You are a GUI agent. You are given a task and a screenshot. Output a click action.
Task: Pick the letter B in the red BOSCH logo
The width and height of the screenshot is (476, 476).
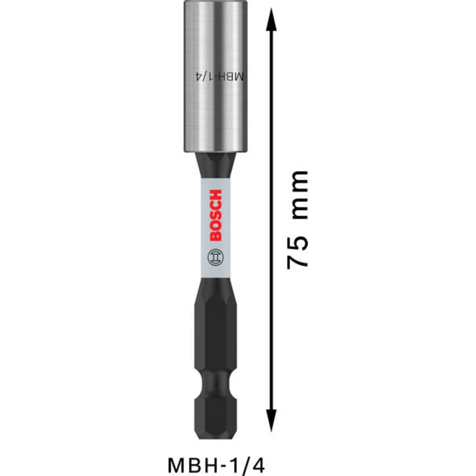click(x=215, y=236)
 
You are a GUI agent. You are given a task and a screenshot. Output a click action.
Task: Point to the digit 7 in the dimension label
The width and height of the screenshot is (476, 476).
click(x=297, y=261)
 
